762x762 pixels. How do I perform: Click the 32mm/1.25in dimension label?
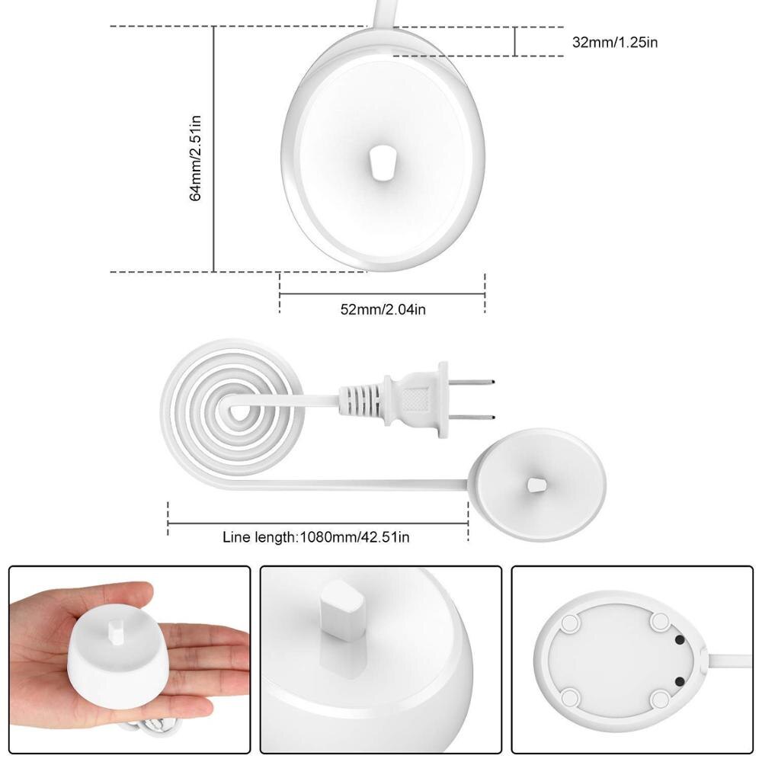click(615, 42)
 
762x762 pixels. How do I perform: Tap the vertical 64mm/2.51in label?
click(196, 157)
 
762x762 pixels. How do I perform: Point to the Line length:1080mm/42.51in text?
click(316, 537)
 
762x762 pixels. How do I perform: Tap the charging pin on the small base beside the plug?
click(536, 484)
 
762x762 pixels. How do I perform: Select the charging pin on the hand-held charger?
click(117, 632)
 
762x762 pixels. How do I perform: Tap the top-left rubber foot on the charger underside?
click(568, 623)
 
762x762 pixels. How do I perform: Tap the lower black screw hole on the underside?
click(680, 680)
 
